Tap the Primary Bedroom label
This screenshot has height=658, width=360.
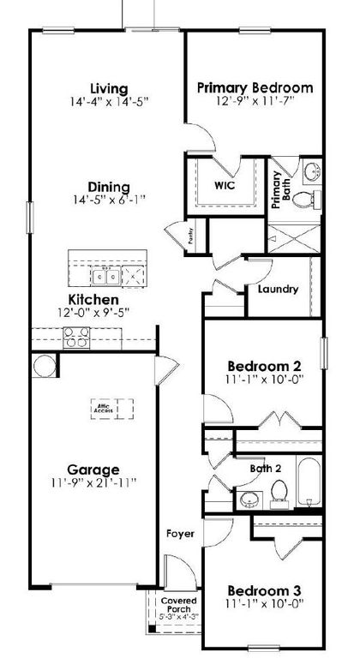[x=255, y=87]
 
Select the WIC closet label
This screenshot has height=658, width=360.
[x=224, y=183]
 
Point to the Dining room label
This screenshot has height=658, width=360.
[x=109, y=187]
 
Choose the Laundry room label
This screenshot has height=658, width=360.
[x=279, y=289]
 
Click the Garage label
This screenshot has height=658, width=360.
[x=94, y=469]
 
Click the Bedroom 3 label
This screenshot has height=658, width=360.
[x=262, y=590]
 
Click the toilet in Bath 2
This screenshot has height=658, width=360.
[x=279, y=491]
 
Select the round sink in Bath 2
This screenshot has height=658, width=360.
[x=249, y=499]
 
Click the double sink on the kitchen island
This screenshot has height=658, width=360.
[x=107, y=276]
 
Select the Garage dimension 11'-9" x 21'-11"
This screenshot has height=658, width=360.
[x=94, y=483]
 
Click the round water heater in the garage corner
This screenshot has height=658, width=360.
[x=43, y=367]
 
